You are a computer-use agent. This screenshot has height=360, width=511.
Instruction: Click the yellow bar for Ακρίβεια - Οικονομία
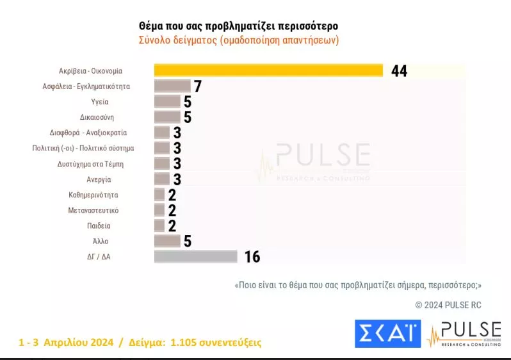(268, 70)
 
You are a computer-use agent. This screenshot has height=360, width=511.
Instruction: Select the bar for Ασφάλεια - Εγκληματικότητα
(172, 86)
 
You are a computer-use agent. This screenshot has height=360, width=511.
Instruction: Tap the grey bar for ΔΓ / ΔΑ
(195, 256)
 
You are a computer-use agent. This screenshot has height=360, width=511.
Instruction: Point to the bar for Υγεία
(167, 101)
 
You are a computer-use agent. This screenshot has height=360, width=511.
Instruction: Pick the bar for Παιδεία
(159, 225)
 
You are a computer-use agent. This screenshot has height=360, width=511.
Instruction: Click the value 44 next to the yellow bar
(399, 70)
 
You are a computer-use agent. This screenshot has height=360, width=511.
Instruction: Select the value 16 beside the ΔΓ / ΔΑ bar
(252, 257)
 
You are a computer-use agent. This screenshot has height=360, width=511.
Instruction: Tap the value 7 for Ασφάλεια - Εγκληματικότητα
(198, 86)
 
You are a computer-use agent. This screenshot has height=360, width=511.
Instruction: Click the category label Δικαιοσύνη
(97, 117)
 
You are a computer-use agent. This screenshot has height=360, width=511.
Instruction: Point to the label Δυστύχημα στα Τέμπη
(90, 164)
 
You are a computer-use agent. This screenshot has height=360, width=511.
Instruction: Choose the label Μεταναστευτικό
(93, 210)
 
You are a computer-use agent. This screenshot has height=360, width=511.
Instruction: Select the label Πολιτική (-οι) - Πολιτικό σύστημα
(83, 148)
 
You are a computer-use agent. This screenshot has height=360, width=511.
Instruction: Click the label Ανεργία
(99, 179)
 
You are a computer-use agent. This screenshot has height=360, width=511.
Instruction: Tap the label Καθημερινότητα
(93, 195)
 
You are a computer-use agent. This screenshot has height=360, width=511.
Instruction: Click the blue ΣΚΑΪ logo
(388, 334)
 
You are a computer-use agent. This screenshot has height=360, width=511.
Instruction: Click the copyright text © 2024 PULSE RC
(448, 305)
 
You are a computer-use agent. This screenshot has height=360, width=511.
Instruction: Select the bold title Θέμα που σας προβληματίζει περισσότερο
(239, 26)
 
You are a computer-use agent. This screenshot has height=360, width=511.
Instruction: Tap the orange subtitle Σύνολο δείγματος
(177, 40)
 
